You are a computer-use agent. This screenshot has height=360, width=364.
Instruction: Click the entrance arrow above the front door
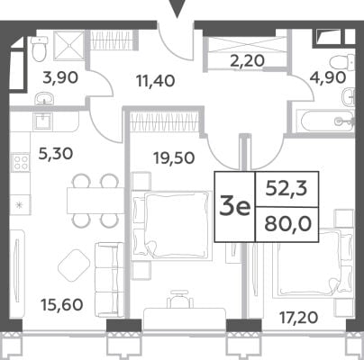177,9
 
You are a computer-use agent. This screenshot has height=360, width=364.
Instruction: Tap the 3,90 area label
60,77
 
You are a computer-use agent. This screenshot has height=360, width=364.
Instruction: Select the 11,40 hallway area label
155,81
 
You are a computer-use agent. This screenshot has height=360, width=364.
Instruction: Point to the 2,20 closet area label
248,61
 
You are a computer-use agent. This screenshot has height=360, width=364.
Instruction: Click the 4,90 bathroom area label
328,78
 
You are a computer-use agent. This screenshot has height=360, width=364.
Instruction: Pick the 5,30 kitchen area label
56,154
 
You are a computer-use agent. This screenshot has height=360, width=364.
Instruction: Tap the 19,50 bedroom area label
174,157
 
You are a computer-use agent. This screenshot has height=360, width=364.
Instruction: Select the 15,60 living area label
62,305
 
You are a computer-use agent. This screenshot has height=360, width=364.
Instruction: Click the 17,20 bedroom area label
298,318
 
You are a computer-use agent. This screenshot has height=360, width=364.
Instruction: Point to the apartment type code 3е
235,207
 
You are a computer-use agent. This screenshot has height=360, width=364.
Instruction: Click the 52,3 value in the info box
287,189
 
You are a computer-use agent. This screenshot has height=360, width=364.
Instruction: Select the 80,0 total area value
287,224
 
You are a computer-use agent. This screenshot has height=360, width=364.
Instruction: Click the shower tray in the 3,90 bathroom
69,46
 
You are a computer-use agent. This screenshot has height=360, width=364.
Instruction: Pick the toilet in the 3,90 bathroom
40,49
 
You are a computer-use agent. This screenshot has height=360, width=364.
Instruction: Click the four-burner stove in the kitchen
21,162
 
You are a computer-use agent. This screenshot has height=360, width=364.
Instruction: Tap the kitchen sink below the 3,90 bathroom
43,121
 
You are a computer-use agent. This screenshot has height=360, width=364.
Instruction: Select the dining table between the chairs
96,201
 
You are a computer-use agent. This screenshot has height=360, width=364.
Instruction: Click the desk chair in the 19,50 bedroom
180,298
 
